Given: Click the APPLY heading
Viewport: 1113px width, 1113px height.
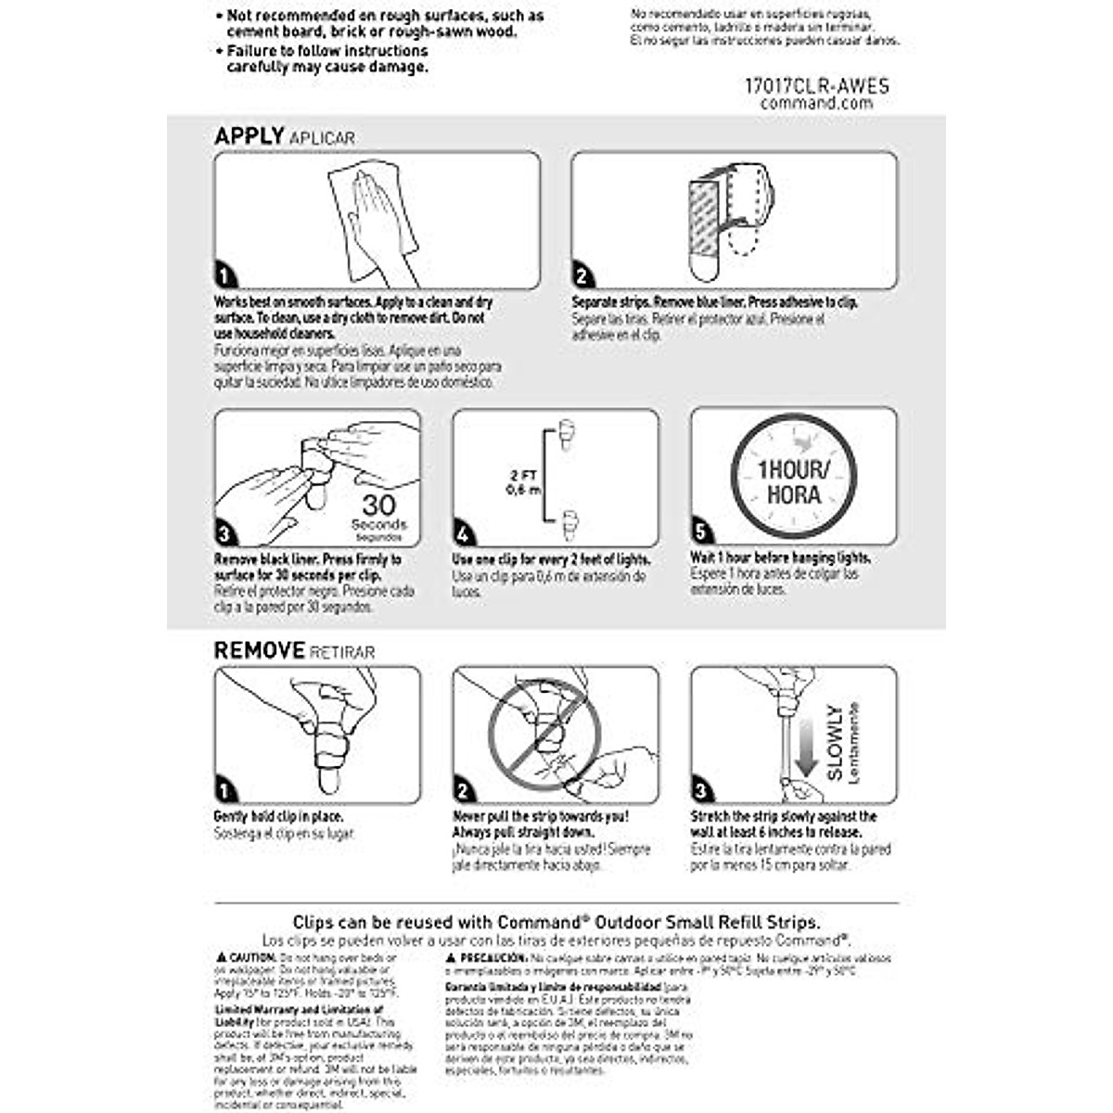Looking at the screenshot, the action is click(249, 136).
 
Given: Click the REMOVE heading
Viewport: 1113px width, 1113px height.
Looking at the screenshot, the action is click(259, 650).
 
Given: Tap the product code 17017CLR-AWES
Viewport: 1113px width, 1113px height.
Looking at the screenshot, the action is click(816, 86).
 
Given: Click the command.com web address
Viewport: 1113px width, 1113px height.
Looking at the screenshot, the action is click(816, 104).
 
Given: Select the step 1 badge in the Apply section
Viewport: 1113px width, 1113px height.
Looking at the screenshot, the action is click(225, 276).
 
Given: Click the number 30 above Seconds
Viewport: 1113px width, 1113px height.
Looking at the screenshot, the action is click(378, 505).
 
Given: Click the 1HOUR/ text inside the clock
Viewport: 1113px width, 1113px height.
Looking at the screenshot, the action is click(794, 469).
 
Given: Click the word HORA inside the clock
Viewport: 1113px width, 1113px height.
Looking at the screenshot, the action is click(794, 494).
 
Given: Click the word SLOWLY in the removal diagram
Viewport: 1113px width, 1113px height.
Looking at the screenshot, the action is click(835, 742).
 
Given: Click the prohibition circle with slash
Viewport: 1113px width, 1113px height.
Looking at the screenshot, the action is click(537, 733).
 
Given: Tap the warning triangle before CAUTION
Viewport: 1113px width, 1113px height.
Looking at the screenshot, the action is click(221, 957).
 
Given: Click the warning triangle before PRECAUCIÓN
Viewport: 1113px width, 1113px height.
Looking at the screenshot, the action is click(451, 957).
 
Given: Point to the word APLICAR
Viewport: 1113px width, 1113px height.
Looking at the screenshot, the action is click(322, 138).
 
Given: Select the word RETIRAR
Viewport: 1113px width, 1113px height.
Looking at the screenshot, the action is click(342, 652).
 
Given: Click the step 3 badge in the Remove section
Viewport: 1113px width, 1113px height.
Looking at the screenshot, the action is click(702, 791).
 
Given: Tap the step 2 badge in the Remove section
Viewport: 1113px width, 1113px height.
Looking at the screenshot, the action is click(464, 791).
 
